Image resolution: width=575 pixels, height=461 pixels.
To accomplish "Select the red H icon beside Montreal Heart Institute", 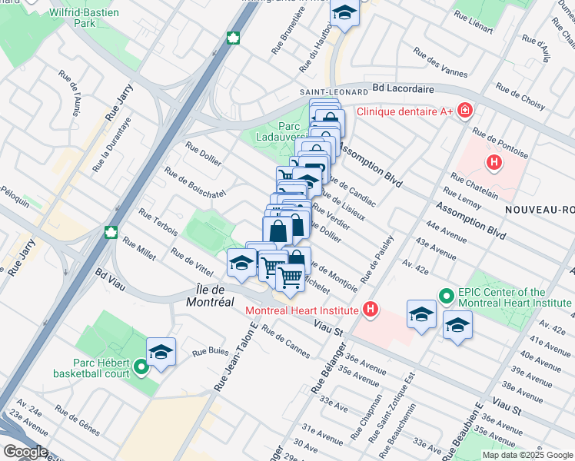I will [x=371, y=310].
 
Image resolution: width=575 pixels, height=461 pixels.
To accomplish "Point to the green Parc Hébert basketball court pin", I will [x=141, y=368].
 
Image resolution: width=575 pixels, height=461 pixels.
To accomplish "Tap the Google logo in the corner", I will [x=25, y=452].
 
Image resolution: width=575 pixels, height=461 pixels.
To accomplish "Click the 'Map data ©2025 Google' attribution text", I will [x=527, y=455].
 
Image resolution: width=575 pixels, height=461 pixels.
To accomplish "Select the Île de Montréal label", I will [x=210, y=296].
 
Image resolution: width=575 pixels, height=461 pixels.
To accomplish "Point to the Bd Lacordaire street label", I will [x=403, y=89].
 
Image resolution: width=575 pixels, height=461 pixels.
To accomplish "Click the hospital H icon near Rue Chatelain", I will [x=494, y=162].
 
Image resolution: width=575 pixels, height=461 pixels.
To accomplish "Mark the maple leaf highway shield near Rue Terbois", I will [x=110, y=233].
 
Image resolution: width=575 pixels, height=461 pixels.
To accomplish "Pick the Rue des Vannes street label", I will [x=440, y=63].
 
